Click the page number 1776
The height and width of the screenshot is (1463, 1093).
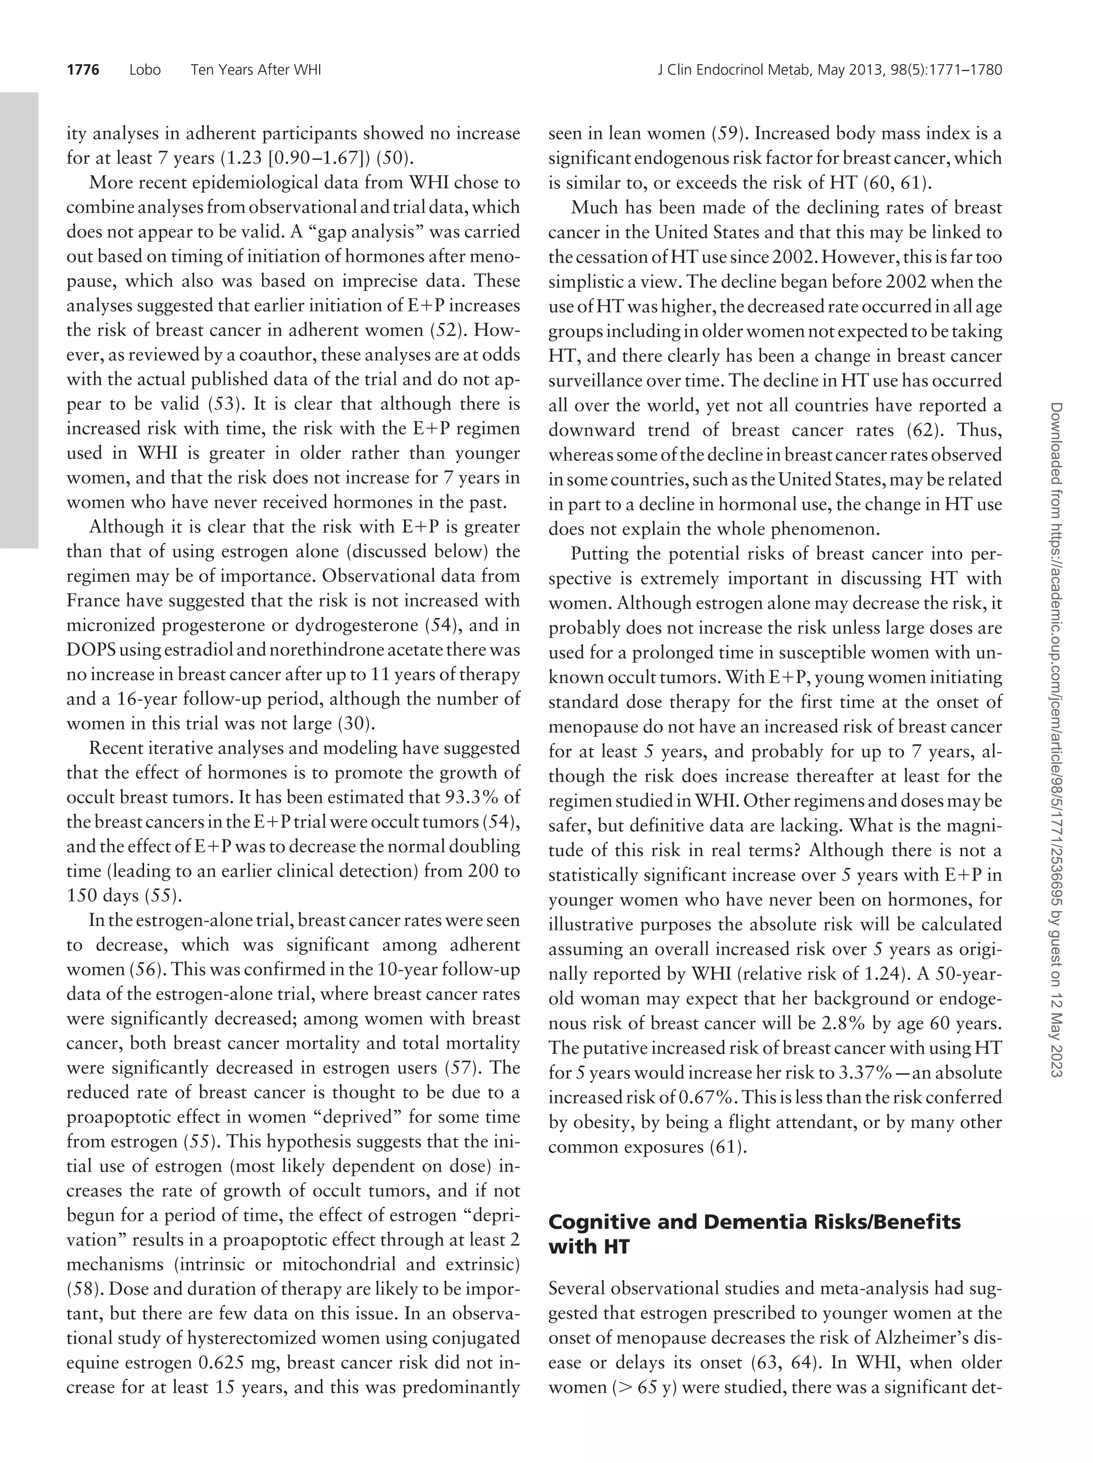click(83, 69)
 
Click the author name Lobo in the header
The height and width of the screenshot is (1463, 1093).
click(145, 69)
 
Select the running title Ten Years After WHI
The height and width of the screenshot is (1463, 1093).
click(255, 69)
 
